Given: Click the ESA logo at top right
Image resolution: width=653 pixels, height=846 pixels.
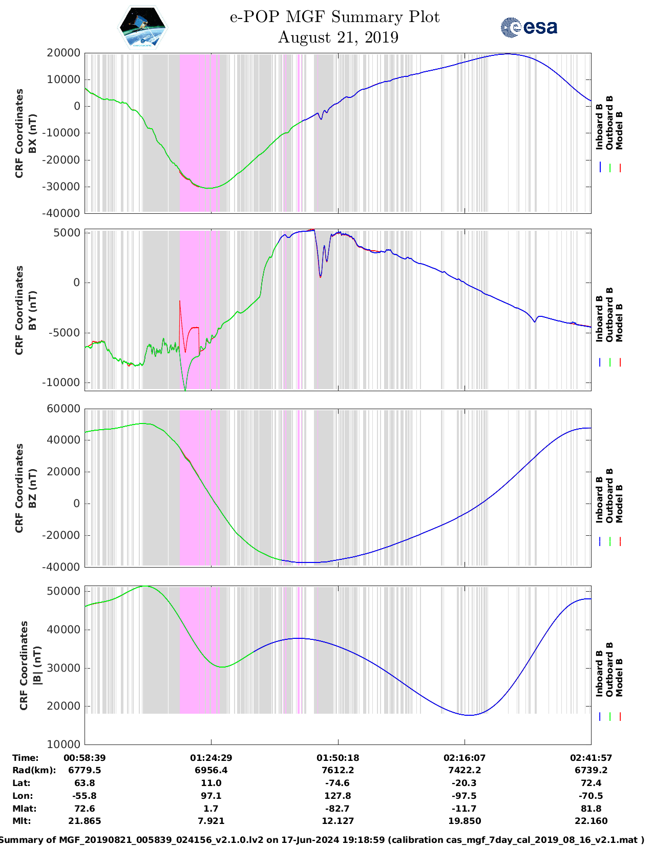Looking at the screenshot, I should click(x=529, y=27).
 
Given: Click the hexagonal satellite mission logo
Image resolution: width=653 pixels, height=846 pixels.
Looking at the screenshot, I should click(x=142, y=28).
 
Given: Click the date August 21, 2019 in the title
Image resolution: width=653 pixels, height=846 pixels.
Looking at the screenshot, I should click(x=338, y=37).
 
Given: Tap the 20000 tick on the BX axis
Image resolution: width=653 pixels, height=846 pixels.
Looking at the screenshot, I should click(x=64, y=53).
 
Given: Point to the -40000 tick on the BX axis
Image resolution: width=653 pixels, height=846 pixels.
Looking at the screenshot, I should click(x=64, y=213).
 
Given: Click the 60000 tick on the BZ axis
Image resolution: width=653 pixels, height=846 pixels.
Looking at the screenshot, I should click(x=64, y=409).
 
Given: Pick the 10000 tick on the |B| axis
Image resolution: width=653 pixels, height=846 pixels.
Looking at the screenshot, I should click(x=64, y=744).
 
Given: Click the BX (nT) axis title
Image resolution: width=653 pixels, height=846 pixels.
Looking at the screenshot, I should click(x=33, y=133).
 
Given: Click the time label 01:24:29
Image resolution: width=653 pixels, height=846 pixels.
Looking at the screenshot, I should click(x=211, y=758).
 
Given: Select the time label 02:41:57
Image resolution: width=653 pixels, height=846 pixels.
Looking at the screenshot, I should click(x=591, y=758).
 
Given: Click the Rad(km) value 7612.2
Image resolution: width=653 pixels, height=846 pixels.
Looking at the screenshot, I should click(x=338, y=770).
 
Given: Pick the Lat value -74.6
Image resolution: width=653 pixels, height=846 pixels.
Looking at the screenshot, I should click(x=338, y=783).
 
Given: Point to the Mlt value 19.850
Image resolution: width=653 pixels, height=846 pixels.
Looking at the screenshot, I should click(x=465, y=821).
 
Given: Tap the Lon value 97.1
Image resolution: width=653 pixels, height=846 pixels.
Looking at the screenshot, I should click(x=211, y=796).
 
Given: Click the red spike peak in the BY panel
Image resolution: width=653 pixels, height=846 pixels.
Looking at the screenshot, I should click(x=180, y=301).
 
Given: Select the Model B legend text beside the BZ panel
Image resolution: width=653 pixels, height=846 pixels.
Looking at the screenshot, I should click(x=619, y=503).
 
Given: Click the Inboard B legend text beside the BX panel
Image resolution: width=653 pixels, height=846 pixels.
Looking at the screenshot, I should click(x=599, y=127).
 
